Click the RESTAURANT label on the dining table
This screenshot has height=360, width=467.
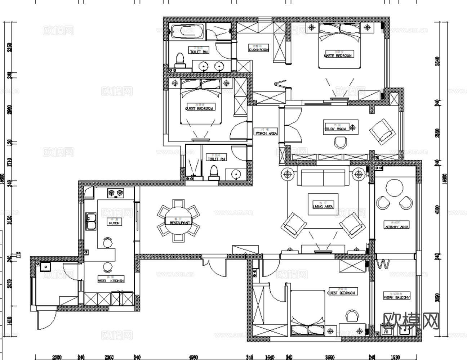click(x=179, y=223)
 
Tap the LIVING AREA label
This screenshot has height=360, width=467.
click(x=323, y=207)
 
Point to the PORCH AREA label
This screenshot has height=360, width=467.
click(x=266, y=133)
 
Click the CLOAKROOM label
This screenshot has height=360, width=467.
click(x=259, y=50)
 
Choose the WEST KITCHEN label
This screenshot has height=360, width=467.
click(x=111, y=280)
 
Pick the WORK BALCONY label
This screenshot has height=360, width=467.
click(x=396, y=298)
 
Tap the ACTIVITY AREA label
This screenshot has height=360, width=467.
click(x=396, y=227)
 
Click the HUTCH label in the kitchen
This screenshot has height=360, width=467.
click(x=114, y=223)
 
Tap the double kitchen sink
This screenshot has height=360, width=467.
click(x=90, y=221)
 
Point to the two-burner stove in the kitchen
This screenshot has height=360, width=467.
click(x=116, y=193)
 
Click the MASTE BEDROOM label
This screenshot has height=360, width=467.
click(x=338, y=56)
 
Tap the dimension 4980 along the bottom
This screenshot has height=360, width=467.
click(x=193, y=357)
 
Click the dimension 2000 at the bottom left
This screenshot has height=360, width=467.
click(x=57, y=357)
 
